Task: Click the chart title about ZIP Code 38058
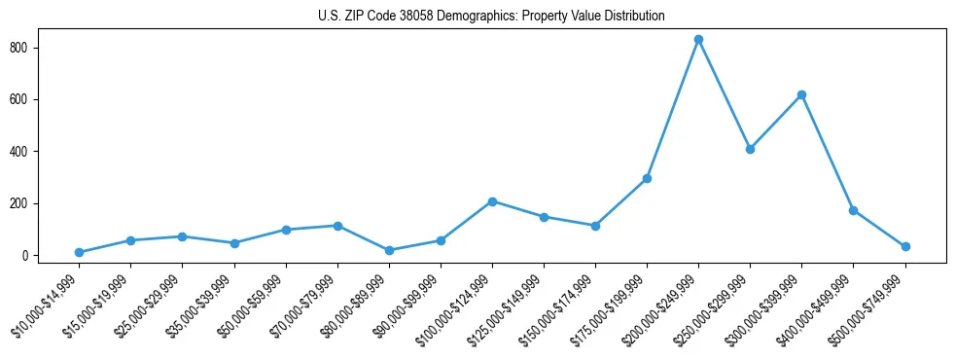tap(491, 16)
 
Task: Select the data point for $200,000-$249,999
tap(698, 40)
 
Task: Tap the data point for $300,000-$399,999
tap(801, 94)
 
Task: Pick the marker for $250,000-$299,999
tap(750, 149)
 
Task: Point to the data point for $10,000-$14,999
tap(79, 253)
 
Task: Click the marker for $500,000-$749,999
tap(905, 246)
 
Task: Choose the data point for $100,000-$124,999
tap(492, 201)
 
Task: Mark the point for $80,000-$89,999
tap(389, 250)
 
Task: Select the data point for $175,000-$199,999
tap(647, 178)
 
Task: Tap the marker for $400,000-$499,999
tap(853, 210)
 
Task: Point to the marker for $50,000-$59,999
tap(286, 230)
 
